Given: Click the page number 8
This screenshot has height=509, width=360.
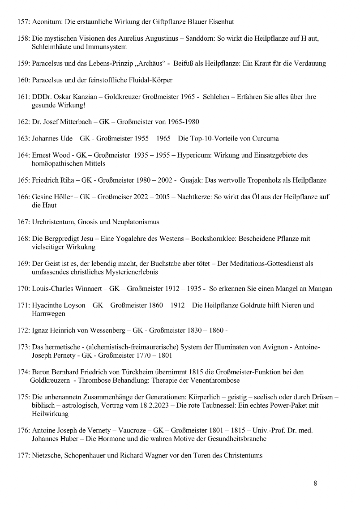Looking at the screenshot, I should (315, 483).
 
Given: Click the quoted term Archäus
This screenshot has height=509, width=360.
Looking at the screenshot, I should (150, 63).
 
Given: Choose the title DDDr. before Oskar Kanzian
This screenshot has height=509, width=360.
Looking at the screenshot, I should (43, 97).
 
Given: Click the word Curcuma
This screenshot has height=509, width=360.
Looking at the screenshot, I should (266, 138).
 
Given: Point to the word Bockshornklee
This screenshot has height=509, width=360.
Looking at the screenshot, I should (213, 239).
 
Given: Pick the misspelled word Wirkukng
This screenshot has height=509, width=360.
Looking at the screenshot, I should (84, 246).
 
